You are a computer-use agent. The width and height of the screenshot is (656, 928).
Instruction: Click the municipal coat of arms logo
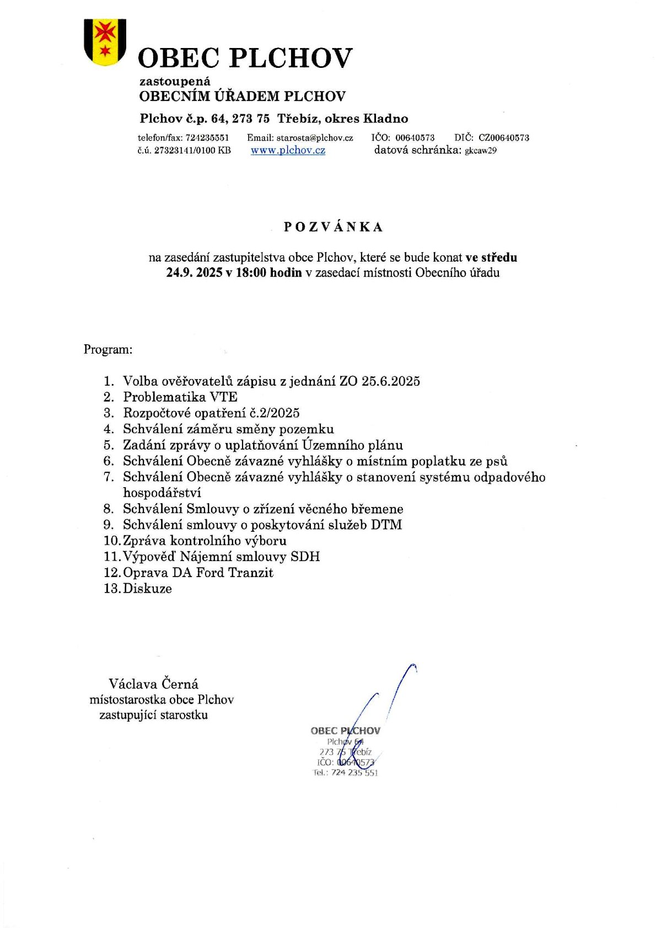coord(105,42)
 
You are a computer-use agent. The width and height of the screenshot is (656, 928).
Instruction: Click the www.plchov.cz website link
coord(288,150)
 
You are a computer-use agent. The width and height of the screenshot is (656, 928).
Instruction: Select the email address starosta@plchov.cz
coord(315,137)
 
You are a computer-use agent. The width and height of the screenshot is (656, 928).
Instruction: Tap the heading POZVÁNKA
coord(333,227)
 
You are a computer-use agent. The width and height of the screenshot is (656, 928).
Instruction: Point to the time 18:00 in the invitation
coord(251,273)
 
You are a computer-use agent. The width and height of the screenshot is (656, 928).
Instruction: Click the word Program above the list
coord(107,349)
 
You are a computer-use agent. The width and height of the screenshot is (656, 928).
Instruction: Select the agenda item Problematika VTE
coord(180,397)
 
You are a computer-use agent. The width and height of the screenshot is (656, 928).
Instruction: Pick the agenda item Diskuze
coord(147,588)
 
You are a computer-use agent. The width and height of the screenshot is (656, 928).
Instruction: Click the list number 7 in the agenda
coord(109,477)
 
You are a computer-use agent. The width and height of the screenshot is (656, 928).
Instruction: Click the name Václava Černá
coord(153,684)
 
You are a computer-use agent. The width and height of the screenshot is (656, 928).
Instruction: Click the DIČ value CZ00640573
coord(503,137)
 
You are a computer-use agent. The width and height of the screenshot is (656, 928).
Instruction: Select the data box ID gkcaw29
coord(481,151)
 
